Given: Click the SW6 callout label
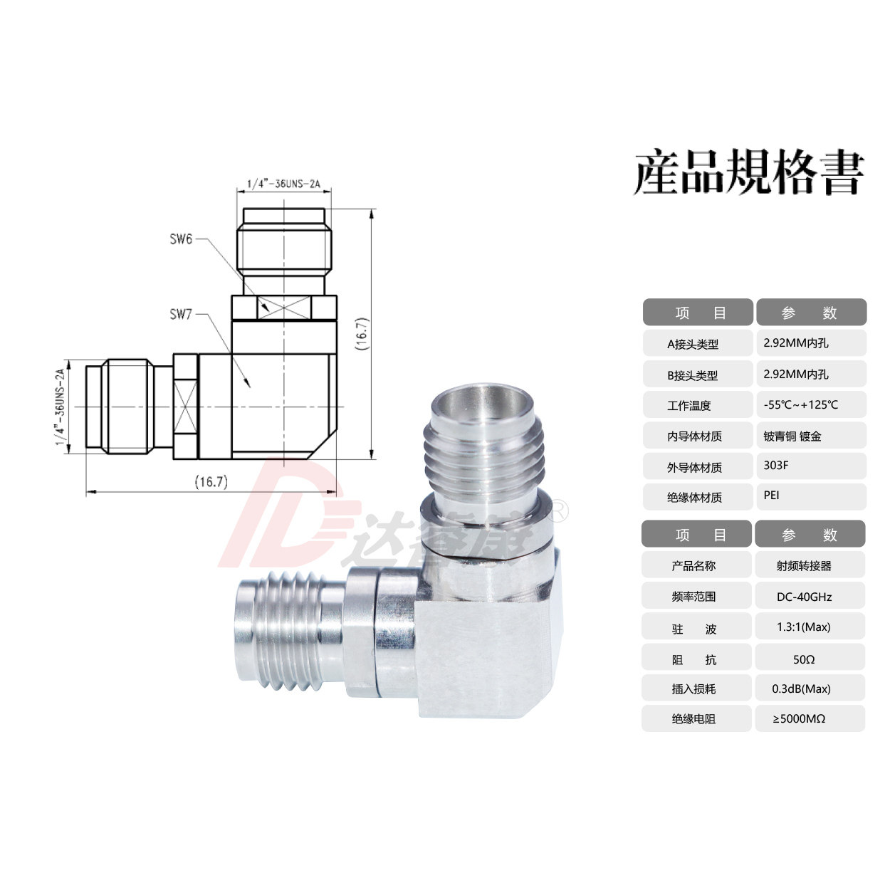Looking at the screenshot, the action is (x=181, y=239).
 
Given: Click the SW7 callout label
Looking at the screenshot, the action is (x=181, y=315).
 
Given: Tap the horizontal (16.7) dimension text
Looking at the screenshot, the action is (x=211, y=482).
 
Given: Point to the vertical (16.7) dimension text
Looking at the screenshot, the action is (x=362, y=334).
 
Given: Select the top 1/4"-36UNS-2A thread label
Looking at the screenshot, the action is (x=283, y=184).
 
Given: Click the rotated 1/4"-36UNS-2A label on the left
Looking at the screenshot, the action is (x=61, y=407).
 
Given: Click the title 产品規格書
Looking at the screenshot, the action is (x=749, y=172).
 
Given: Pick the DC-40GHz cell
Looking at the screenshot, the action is (x=804, y=597).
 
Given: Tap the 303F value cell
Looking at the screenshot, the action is (x=776, y=465).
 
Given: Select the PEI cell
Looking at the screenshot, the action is (x=771, y=495).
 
